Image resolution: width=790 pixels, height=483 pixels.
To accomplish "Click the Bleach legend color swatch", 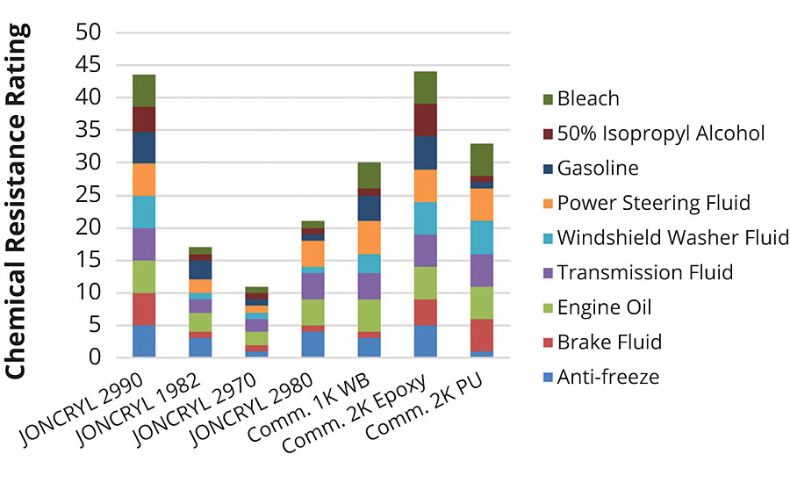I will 551,98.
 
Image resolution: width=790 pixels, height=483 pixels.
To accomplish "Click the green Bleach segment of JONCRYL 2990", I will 144,90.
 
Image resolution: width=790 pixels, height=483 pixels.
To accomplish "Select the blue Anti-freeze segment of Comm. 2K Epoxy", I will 425,341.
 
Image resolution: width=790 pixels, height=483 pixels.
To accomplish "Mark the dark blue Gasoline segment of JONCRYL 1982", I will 200,270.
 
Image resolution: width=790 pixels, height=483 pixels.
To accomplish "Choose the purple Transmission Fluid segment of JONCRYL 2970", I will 256,325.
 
